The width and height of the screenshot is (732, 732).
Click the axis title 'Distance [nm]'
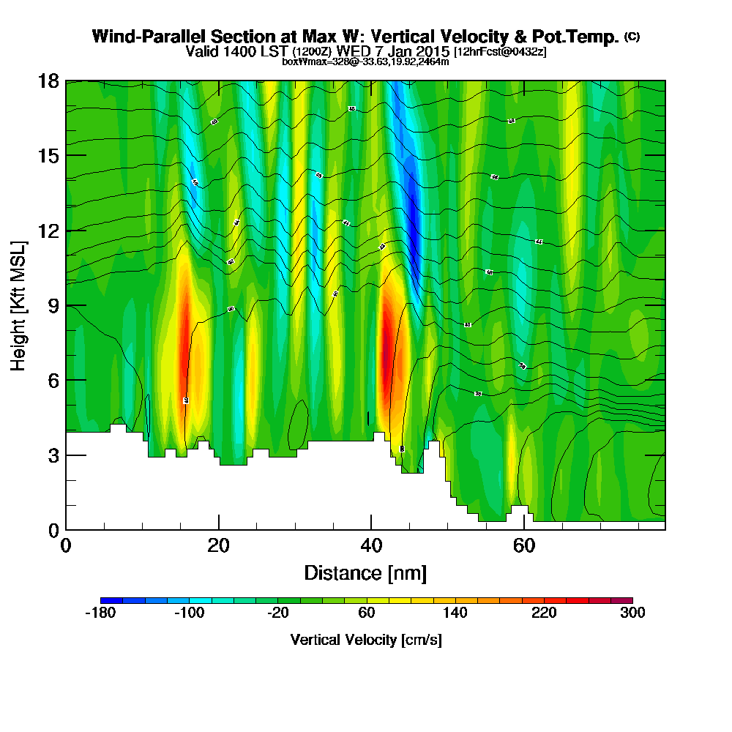pyautogui.click(x=365, y=572)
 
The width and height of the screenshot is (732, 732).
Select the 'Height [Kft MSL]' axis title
pyautogui.click(x=18, y=305)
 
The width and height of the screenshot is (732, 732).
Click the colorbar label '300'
pyautogui.click(x=632, y=613)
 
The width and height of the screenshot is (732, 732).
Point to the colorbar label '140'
pyautogui.click(x=455, y=613)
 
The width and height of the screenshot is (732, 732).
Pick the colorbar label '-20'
pyautogui.click(x=278, y=613)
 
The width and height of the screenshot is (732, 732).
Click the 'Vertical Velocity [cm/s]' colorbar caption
pyautogui.click(x=366, y=640)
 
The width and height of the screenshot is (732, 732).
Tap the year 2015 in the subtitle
pyautogui.click(x=432, y=52)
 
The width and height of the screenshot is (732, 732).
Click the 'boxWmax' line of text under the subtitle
pyautogui.click(x=365, y=61)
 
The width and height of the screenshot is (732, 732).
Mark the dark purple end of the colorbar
pyautogui.click(x=626, y=600)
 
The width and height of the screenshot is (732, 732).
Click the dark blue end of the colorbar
pyautogui.click(x=107, y=600)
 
